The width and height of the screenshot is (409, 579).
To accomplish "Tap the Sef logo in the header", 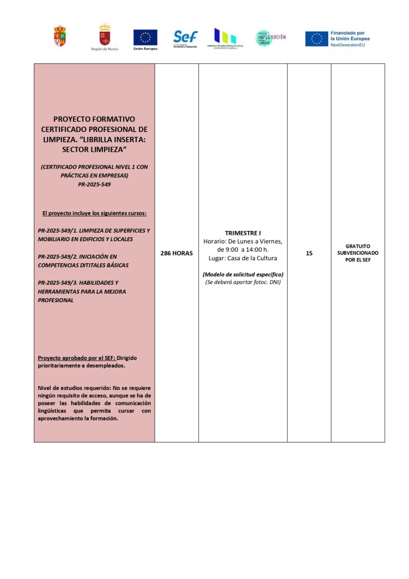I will pos(185,37).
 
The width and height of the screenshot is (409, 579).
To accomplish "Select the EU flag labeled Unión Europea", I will pos(145,37).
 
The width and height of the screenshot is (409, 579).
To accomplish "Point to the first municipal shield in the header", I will pos(59,36).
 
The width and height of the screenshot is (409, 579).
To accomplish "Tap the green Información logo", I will pos(270,37).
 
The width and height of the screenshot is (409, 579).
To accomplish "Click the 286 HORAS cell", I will pos(176,253).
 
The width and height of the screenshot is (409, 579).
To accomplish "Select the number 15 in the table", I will pos(309,253).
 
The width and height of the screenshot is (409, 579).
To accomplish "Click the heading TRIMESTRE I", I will pos(242,233).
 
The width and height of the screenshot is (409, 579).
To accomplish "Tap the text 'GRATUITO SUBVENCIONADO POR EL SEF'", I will pos(358,253).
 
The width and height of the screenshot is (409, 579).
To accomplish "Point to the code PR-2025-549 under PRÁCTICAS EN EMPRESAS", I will pos(94,184).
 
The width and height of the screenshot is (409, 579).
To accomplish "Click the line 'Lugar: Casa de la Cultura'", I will pos(242,258).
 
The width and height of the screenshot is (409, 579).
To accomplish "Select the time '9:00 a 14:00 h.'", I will pos(243,250).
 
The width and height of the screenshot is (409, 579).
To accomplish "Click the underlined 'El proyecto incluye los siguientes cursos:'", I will pos(94,213).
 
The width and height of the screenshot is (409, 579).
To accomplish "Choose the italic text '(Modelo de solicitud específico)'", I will pos(242,274).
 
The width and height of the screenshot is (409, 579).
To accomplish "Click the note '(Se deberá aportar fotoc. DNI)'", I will pos(242,282).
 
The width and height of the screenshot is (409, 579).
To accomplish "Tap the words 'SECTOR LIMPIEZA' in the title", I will pos(94,149).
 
